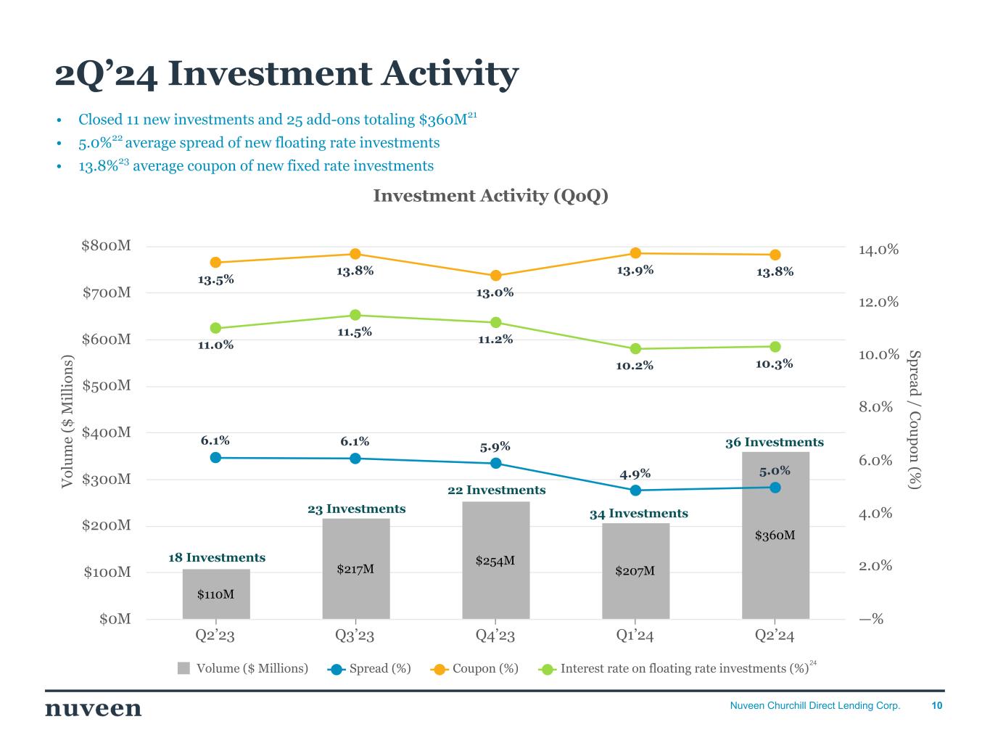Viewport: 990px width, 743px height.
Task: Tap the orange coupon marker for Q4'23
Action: pos(496,276)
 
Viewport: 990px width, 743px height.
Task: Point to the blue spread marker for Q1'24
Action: pos(635,490)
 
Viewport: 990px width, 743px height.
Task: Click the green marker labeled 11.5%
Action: pos(355,316)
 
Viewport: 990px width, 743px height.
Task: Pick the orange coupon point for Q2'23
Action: pos(215,263)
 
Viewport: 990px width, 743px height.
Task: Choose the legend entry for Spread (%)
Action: pos(369,668)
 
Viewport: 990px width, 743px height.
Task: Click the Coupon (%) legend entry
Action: pos(475,668)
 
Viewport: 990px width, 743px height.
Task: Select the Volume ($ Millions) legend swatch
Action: pos(184,668)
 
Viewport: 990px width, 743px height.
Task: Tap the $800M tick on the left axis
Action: pos(106,246)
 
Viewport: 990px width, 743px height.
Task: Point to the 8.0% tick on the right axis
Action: pos(875,407)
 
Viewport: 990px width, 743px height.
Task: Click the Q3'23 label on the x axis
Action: pos(355,636)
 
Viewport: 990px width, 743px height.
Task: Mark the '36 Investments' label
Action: pos(775,443)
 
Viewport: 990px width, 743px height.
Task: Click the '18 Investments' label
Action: pos(217,558)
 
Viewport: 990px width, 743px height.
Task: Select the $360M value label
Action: pos(775,535)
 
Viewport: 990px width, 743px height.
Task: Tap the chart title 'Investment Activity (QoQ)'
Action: pos(490,196)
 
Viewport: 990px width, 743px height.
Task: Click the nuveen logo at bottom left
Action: pos(94,709)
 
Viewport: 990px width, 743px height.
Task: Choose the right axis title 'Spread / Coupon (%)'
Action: pos(915,419)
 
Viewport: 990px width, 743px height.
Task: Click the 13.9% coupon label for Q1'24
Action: pos(635,271)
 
